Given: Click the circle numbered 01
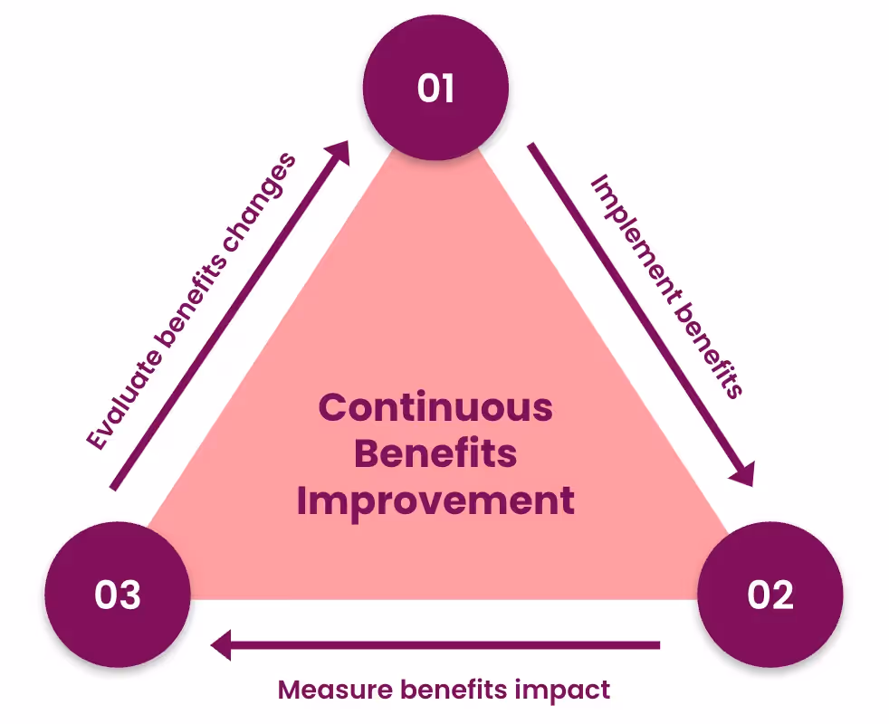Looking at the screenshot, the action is pyautogui.click(x=435, y=89).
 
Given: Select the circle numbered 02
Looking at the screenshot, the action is pyautogui.click(x=770, y=595).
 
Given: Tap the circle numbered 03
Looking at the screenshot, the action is pyautogui.click(x=118, y=595).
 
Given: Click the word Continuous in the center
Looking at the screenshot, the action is pyautogui.click(x=435, y=407).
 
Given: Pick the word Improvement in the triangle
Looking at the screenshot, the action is pyautogui.click(x=435, y=500).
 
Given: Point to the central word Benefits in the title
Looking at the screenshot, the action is pyautogui.click(x=435, y=453).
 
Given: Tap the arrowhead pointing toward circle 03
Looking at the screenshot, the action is pyautogui.click(x=223, y=645).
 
